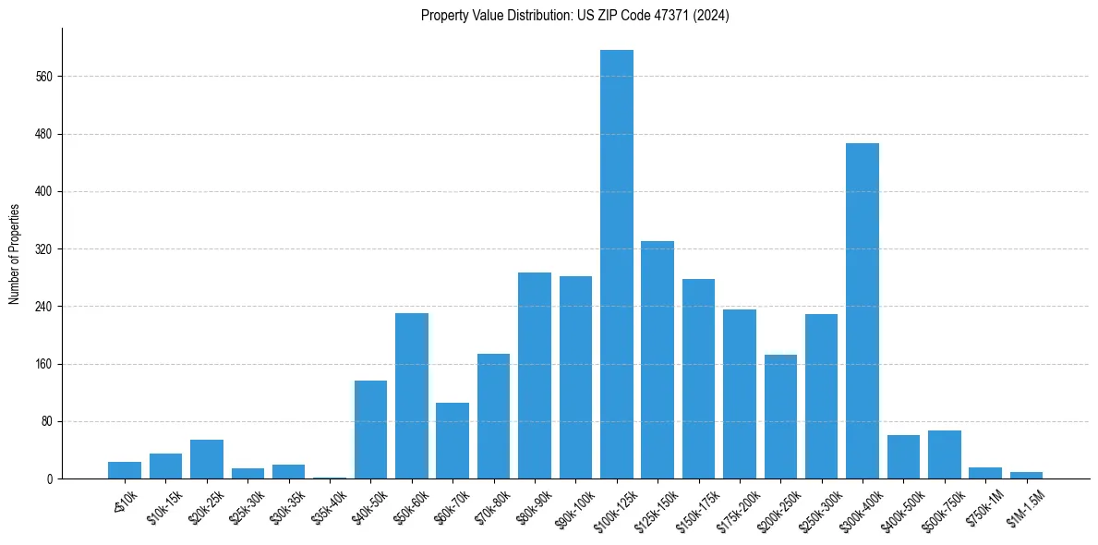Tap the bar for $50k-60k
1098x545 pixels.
[412, 396]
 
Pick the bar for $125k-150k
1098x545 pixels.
[658, 360]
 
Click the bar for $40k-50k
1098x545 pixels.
[370, 430]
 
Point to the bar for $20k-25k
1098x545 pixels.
[207, 459]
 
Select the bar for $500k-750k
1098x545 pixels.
[945, 454]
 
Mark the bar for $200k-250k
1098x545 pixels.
[780, 417]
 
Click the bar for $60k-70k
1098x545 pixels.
[452, 441]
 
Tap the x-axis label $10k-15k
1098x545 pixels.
[163, 506]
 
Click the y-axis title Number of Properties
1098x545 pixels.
[14, 254]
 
